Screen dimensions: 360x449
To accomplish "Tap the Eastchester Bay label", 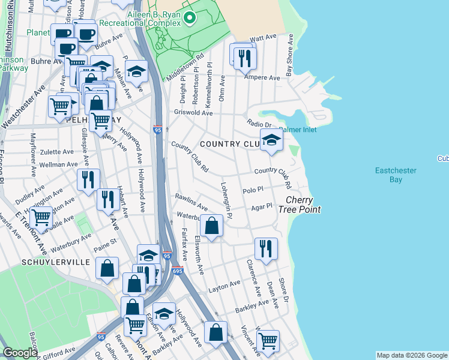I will click(396, 175).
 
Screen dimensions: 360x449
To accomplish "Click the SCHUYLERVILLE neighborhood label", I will click(47, 262).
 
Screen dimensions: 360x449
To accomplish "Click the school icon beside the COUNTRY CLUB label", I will click(271, 141).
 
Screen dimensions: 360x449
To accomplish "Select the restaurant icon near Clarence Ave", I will click(265, 248).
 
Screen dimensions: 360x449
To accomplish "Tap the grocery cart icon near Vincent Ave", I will click(268, 340).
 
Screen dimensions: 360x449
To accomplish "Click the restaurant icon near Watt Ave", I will click(244, 58).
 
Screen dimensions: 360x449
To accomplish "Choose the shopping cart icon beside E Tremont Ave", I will click(41, 217).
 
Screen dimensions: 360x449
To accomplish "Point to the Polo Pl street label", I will click(253, 190).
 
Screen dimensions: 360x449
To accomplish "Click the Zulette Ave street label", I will click(57, 152).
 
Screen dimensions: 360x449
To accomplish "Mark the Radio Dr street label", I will click(259, 123).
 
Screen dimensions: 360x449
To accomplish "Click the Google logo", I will click(20, 353).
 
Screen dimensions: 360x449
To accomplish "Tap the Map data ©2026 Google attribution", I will click(411, 355).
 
